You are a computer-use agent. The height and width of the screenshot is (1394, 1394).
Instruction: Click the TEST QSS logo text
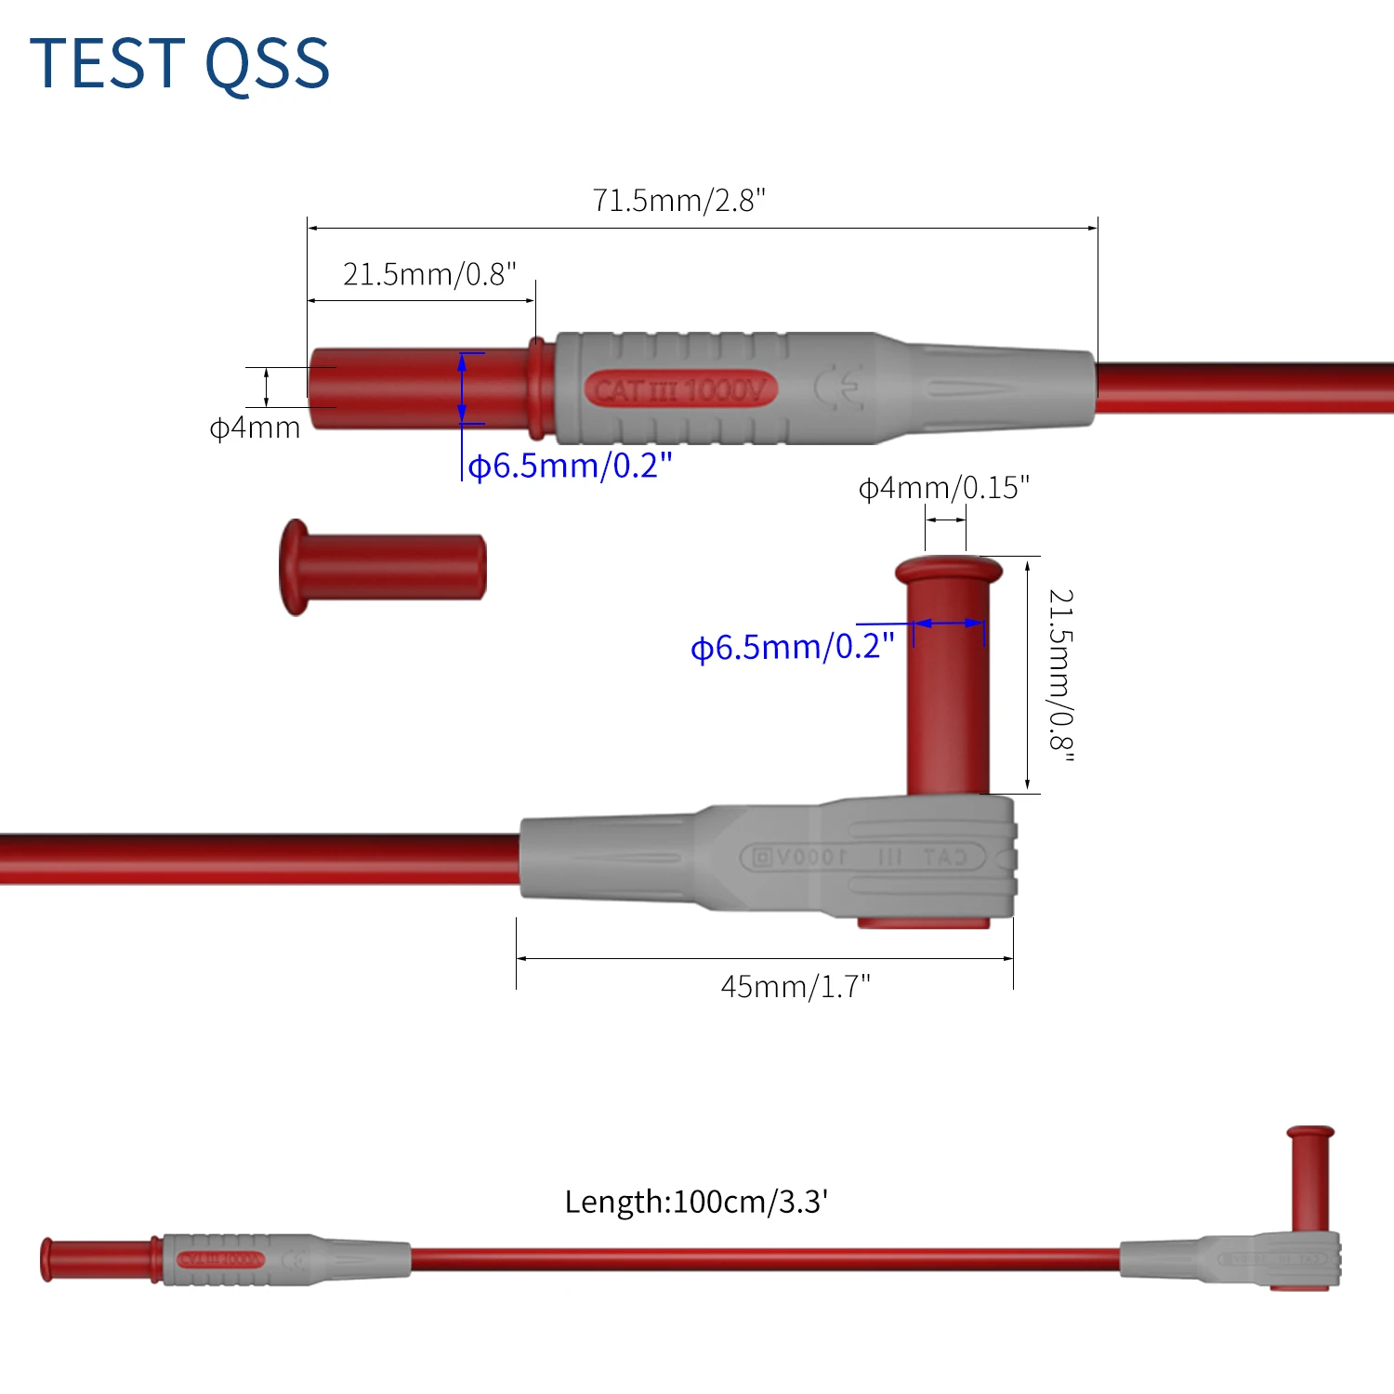click(x=179, y=63)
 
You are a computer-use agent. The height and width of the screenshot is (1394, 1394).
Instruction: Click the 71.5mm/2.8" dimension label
click(x=678, y=200)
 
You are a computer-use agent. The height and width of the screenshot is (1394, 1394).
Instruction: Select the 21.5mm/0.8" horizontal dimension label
click(x=428, y=274)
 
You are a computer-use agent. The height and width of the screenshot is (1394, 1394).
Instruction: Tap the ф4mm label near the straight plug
click(x=255, y=428)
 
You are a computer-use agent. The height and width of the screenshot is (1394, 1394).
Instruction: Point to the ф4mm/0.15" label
click(x=943, y=488)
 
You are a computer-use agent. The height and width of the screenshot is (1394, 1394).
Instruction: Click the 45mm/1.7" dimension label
click(x=796, y=986)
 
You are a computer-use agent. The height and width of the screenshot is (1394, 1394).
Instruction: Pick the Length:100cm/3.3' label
click(x=696, y=1202)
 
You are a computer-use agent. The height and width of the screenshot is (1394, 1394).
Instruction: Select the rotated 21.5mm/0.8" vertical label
click(x=1060, y=676)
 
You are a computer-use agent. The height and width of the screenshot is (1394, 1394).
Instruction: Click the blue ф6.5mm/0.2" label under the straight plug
click(x=570, y=466)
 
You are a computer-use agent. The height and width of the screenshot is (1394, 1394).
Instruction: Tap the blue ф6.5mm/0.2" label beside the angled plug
click(x=792, y=647)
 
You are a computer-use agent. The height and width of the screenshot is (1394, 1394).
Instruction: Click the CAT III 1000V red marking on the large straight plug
click(x=680, y=389)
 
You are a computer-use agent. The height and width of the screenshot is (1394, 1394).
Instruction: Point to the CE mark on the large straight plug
click(x=839, y=388)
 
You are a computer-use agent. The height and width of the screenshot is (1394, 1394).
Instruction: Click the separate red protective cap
click(x=382, y=567)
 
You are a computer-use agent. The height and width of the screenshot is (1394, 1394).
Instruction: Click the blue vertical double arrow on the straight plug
click(x=462, y=388)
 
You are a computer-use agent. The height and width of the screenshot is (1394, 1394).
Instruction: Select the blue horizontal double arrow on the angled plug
click(x=948, y=624)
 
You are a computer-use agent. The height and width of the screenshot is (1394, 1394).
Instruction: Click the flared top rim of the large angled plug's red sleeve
click(x=948, y=568)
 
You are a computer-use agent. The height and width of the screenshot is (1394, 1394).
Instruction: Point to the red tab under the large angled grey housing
click(x=923, y=922)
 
